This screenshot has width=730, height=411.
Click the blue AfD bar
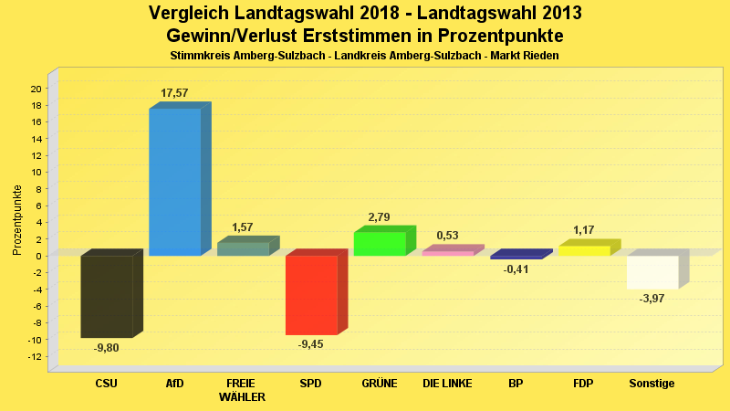click(174, 182)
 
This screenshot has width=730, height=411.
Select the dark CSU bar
click(106, 297)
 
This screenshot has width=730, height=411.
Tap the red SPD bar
click(311, 295)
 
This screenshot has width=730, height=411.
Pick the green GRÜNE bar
click(380, 244)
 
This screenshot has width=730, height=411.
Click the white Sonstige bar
click(652, 272)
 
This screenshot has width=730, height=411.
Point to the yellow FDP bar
click(584, 250)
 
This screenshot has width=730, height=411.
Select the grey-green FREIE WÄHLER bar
click(243, 248)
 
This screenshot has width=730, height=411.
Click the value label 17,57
click(174, 93)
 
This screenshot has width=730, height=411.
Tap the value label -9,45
click(311, 344)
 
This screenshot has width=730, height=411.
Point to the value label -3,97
click(652, 299)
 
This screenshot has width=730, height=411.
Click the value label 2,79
click(380, 217)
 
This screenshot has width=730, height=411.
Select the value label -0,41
click(516, 269)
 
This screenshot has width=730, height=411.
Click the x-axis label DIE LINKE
click(447, 384)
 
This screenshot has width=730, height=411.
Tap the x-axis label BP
click(516, 384)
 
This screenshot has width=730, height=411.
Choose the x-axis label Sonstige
click(652, 384)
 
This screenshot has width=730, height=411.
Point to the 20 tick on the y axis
click(36, 89)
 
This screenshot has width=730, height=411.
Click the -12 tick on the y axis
click(34, 356)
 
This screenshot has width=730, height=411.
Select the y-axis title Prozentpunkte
click(17, 219)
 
